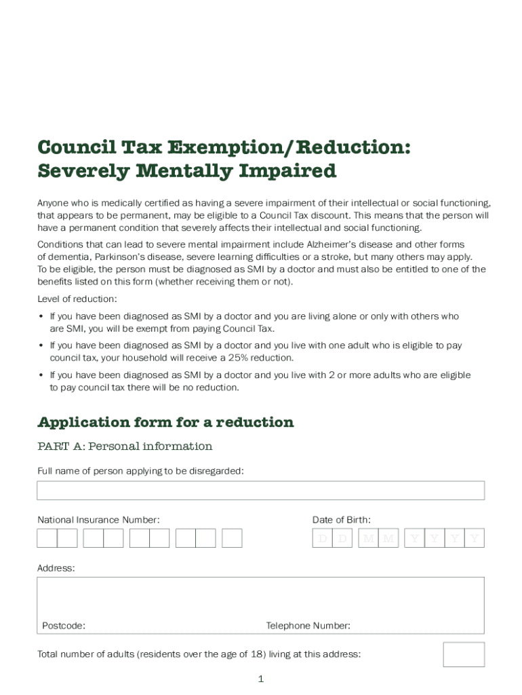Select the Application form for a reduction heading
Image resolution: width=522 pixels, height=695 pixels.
click(x=165, y=422)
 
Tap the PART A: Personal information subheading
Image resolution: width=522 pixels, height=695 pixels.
click(x=125, y=446)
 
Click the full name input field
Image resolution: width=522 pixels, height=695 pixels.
click(x=260, y=490)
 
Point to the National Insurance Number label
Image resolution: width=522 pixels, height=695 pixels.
click(x=98, y=520)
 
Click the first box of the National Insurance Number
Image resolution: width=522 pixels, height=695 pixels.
click(x=47, y=538)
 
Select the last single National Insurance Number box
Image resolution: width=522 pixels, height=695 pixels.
click(x=232, y=538)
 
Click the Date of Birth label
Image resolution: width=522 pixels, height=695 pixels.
click(x=341, y=520)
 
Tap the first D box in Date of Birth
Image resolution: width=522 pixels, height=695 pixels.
click(x=323, y=538)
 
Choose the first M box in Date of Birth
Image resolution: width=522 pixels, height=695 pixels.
click(x=368, y=538)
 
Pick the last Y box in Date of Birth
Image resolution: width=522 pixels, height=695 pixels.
click(x=475, y=538)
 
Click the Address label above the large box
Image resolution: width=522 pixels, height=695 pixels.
click(x=56, y=567)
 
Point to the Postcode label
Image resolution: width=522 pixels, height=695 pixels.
click(x=63, y=626)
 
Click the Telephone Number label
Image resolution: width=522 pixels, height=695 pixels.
click(x=308, y=626)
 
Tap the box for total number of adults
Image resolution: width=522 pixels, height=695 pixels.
click(x=464, y=654)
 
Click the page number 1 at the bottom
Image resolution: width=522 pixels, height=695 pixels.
click(x=260, y=679)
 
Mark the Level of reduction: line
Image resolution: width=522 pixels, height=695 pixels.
click(x=77, y=299)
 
